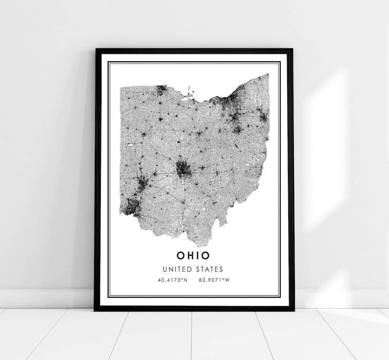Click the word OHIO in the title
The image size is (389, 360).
193,255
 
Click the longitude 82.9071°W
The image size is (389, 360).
214,280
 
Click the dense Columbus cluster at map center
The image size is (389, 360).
184,169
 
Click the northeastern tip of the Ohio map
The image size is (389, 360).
268,74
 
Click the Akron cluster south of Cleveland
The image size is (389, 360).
235,117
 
